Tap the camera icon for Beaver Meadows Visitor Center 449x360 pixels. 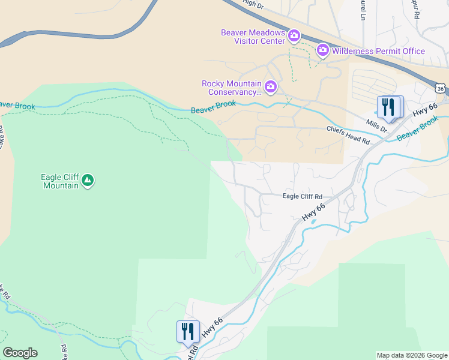pos(294,37)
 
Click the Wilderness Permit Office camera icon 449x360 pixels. pos(323,50)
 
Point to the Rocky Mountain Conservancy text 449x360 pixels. pos(232,88)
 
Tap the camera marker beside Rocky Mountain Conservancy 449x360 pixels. pos(271,88)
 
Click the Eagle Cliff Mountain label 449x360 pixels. pos(59,181)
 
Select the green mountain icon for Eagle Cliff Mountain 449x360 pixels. pos(88,180)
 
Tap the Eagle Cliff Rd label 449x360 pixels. pos(303,197)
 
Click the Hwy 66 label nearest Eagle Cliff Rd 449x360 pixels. pos(313,213)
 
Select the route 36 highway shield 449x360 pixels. pos(441,89)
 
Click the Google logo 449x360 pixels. pos(20,353)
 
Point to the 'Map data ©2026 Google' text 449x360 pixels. pos(412,355)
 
